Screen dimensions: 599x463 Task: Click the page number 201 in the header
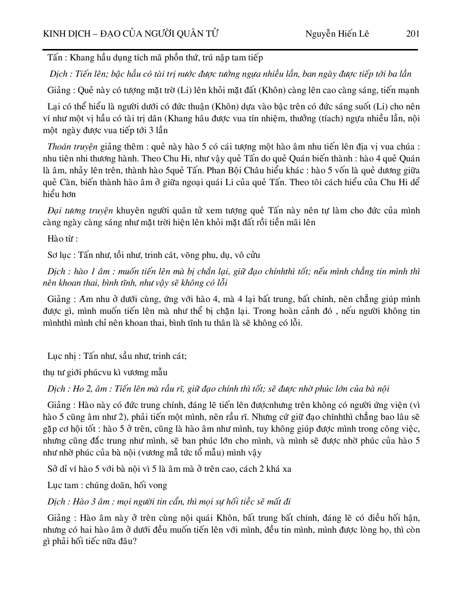[412, 34]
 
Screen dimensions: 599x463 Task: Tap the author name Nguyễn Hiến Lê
[337, 34]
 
